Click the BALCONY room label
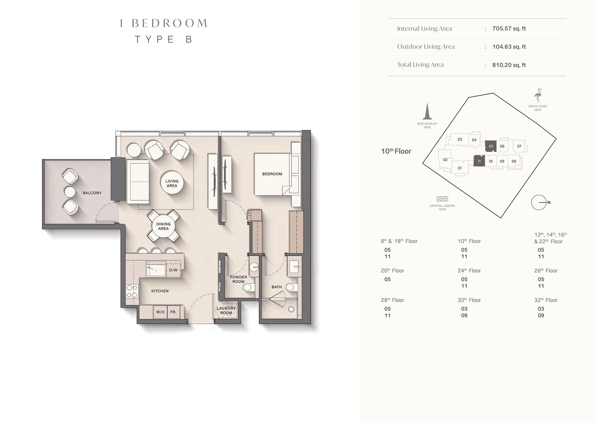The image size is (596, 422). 92,193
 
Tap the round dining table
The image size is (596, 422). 163,226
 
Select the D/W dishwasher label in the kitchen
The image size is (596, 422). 173,270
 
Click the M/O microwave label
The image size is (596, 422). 160,312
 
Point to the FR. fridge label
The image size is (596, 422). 173,312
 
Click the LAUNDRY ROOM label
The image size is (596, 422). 226,310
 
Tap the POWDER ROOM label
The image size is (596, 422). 238,279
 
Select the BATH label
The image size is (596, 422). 277,287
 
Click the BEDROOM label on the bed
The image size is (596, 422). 272,174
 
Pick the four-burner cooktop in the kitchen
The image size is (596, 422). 132,291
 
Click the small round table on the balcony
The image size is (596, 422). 70,192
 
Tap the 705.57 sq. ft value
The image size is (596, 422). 509,29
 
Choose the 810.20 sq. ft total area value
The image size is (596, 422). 509,65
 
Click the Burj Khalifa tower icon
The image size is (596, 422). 427,111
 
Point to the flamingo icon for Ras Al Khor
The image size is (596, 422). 538,96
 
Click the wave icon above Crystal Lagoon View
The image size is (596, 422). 442,199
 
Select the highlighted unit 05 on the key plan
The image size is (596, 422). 491,146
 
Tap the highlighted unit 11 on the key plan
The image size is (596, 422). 479,161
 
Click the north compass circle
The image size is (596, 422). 539,203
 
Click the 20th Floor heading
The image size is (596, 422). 392,271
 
